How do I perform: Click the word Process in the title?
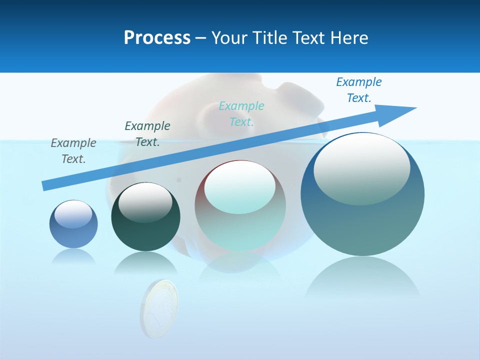point(157,38)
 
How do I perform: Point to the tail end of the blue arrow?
point(45,185)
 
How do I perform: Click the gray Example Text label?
point(73,150)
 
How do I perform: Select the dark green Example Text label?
point(147,133)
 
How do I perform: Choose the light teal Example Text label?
point(241,113)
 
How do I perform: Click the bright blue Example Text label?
point(359,89)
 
